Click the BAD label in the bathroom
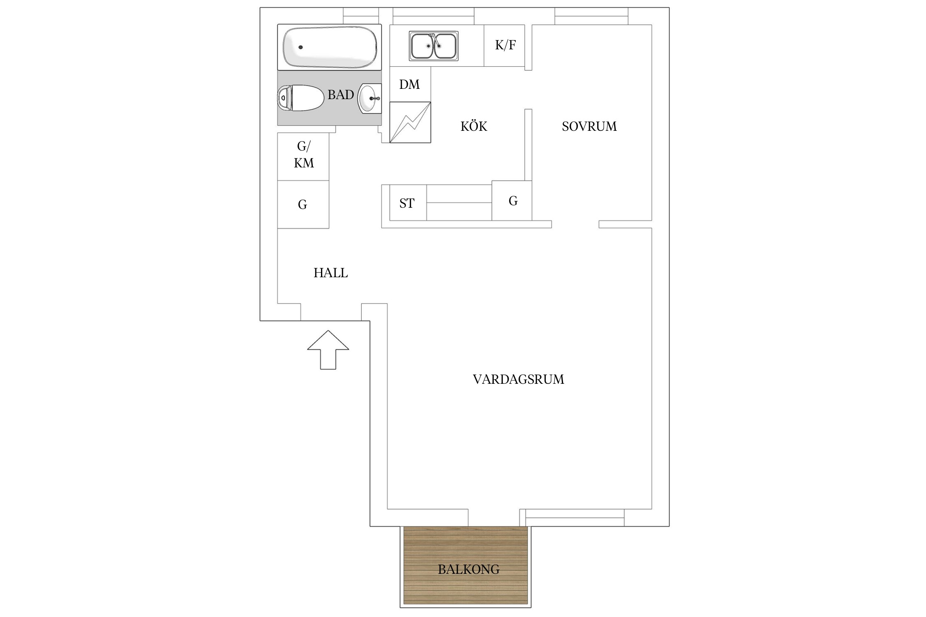[341, 95]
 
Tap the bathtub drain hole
[300, 47]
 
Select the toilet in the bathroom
[300, 98]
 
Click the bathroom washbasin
[370, 98]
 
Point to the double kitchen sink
[434, 46]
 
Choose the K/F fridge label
[505, 45]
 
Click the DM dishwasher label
[409, 84]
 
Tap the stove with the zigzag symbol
[410, 122]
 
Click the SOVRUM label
[589, 126]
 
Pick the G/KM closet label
[304, 155]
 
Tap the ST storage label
[407, 203]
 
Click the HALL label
[331, 273]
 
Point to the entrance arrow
[328, 350]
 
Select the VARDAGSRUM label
[519, 379]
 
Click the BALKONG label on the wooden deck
[469, 569]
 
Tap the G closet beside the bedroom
[512, 201]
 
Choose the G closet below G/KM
[303, 204]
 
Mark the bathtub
[329, 47]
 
